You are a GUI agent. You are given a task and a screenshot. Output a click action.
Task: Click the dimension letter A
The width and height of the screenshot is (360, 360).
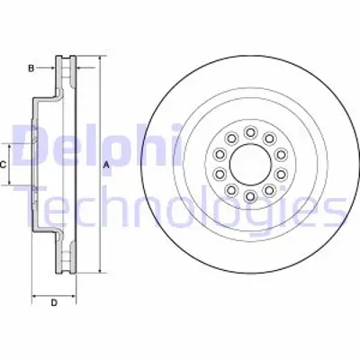click(106, 164)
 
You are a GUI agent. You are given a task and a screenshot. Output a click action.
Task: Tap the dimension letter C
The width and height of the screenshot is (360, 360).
click(4, 165)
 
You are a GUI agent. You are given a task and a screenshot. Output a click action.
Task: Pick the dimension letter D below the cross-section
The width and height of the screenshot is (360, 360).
click(53, 301)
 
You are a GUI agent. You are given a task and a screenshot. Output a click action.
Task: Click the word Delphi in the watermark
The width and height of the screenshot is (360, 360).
click(86, 144)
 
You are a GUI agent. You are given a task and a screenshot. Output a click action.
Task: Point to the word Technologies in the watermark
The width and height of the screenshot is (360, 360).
click(180, 209)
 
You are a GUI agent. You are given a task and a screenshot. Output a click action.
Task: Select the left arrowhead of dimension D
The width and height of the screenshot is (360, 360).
click(33, 292)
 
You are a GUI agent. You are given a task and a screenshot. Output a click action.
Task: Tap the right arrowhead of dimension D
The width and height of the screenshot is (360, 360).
click(74, 292)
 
